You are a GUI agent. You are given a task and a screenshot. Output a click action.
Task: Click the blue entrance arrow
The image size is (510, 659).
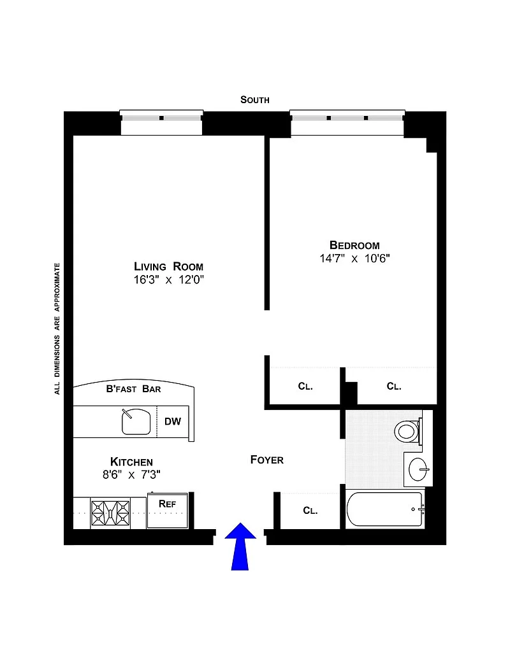[240, 546]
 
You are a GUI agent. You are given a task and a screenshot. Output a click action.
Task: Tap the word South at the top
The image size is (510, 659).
[254, 99]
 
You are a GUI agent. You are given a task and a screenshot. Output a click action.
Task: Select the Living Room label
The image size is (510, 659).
[168, 266]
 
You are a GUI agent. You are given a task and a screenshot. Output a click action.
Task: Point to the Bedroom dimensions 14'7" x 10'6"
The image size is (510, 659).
[354, 258]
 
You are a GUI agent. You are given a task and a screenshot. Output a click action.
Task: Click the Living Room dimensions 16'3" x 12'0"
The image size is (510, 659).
[169, 280]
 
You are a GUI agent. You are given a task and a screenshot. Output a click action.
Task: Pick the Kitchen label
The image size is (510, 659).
[131, 462]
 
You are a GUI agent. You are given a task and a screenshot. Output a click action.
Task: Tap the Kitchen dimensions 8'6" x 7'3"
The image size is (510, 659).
[132, 474]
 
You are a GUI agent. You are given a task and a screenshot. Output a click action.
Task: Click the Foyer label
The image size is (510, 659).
[266, 460]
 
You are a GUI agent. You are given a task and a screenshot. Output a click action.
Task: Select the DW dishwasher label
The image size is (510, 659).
[173, 422]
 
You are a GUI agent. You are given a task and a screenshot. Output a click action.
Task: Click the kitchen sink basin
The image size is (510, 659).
[136, 422]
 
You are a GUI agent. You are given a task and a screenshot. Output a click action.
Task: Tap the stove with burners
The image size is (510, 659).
[110, 513]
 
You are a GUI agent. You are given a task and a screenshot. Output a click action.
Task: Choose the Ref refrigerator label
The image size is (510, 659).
[167, 504]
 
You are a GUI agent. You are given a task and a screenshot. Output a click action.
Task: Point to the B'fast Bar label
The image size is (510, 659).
[133, 389]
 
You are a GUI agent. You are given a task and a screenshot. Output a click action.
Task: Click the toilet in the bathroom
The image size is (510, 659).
[408, 431]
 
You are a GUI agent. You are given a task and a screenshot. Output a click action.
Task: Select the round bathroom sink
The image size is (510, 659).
[418, 469]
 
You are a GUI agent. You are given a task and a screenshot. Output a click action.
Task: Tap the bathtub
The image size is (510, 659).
[384, 509]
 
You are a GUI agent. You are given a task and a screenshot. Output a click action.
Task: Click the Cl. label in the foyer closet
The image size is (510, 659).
[310, 511]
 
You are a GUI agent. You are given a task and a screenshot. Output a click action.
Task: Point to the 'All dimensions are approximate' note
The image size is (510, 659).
[57, 329]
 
